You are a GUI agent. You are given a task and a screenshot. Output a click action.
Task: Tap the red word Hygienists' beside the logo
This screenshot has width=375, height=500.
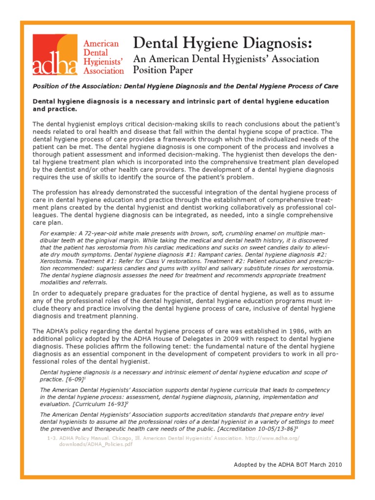pyautogui.click(x=103, y=61)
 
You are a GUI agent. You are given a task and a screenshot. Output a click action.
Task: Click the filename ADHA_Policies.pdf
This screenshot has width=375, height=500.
pyautogui.click(x=83, y=445)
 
